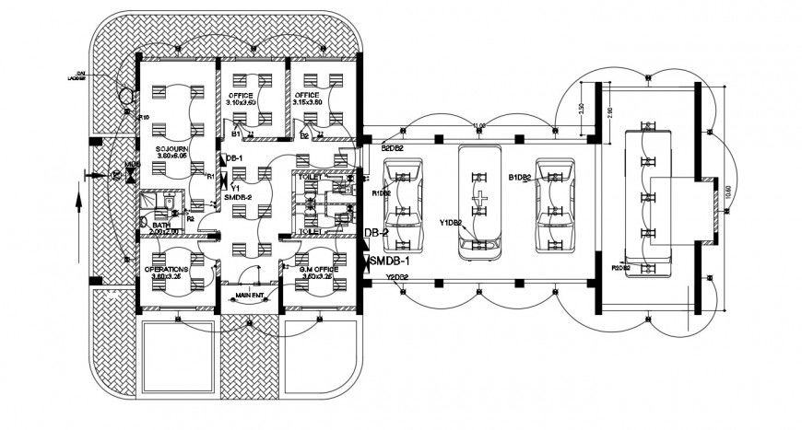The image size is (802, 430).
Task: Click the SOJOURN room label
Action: pyautogui.click(x=172, y=148)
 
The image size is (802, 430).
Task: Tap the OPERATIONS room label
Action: pyautogui.click(x=167, y=270)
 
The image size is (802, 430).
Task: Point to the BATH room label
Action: pyautogui.click(x=161, y=225)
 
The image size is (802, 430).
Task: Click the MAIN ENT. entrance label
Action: pyautogui.click(x=251, y=295)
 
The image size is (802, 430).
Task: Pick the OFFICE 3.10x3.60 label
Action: pyautogui.click(x=241, y=96)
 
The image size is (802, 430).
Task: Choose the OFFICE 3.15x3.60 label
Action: pyautogui.click(x=308, y=96)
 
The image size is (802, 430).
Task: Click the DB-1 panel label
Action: pyautogui.click(x=234, y=158)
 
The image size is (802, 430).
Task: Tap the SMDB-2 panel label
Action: pyautogui.click(x=238, y=196)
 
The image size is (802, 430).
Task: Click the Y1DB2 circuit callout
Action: pyautogui.click(x=450, y=222)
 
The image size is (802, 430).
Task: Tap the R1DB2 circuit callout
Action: pyautogui.click(x=382, y=193)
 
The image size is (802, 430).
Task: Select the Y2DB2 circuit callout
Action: pyautogui.click(x=396, y=277)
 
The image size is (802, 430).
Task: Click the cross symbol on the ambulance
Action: pyautogui.click(x=478, y=198)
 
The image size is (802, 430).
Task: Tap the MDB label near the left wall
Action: pyautogui.click(x=133, y=165)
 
